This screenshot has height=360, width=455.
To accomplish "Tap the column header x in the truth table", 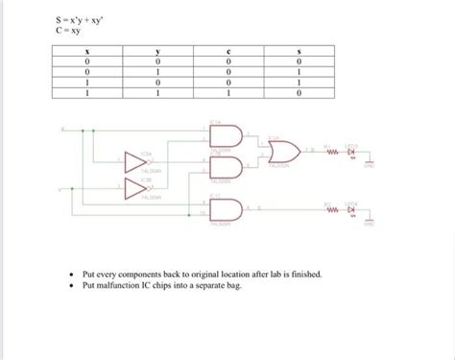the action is click(88, 52).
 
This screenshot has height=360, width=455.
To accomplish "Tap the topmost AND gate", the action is click(220, 136).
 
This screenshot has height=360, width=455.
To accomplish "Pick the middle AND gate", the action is click(220, 165).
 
